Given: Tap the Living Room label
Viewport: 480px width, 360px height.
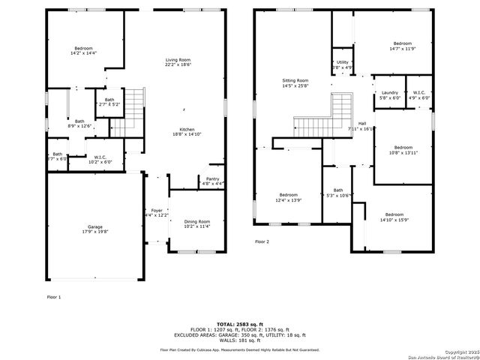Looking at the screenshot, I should pos(178,60).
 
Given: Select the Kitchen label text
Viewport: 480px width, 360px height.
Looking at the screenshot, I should pos(181,129).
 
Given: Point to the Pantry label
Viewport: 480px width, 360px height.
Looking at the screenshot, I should pos(212,179).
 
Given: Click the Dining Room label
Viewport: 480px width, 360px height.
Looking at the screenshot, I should pos(196,222).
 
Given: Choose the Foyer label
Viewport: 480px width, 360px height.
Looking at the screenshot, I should pos(157,210).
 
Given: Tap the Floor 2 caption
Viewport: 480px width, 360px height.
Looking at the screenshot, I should pos(262,241).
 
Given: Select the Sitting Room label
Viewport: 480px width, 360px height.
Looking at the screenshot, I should pos(295,80).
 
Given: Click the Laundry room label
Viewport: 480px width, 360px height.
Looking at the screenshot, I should pos(389,92).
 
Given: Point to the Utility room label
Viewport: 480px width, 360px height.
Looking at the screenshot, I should pos(342,62).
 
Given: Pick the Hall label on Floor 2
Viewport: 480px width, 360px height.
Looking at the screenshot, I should pos(362,123).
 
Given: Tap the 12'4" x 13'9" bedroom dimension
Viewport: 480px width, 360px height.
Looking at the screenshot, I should pos(289,200).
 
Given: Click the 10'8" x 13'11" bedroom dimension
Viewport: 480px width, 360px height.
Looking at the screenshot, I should pos(403,152).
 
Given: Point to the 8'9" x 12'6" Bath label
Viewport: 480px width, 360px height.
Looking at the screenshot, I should pos(80,125).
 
